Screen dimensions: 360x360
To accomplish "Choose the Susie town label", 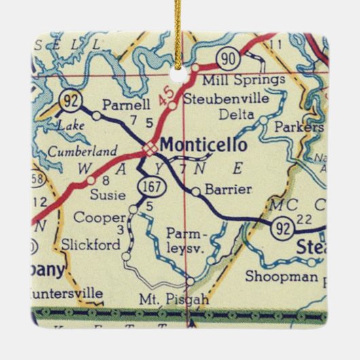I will tap(108, 195).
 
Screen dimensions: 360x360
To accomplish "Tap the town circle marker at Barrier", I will tap(196, 192).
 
